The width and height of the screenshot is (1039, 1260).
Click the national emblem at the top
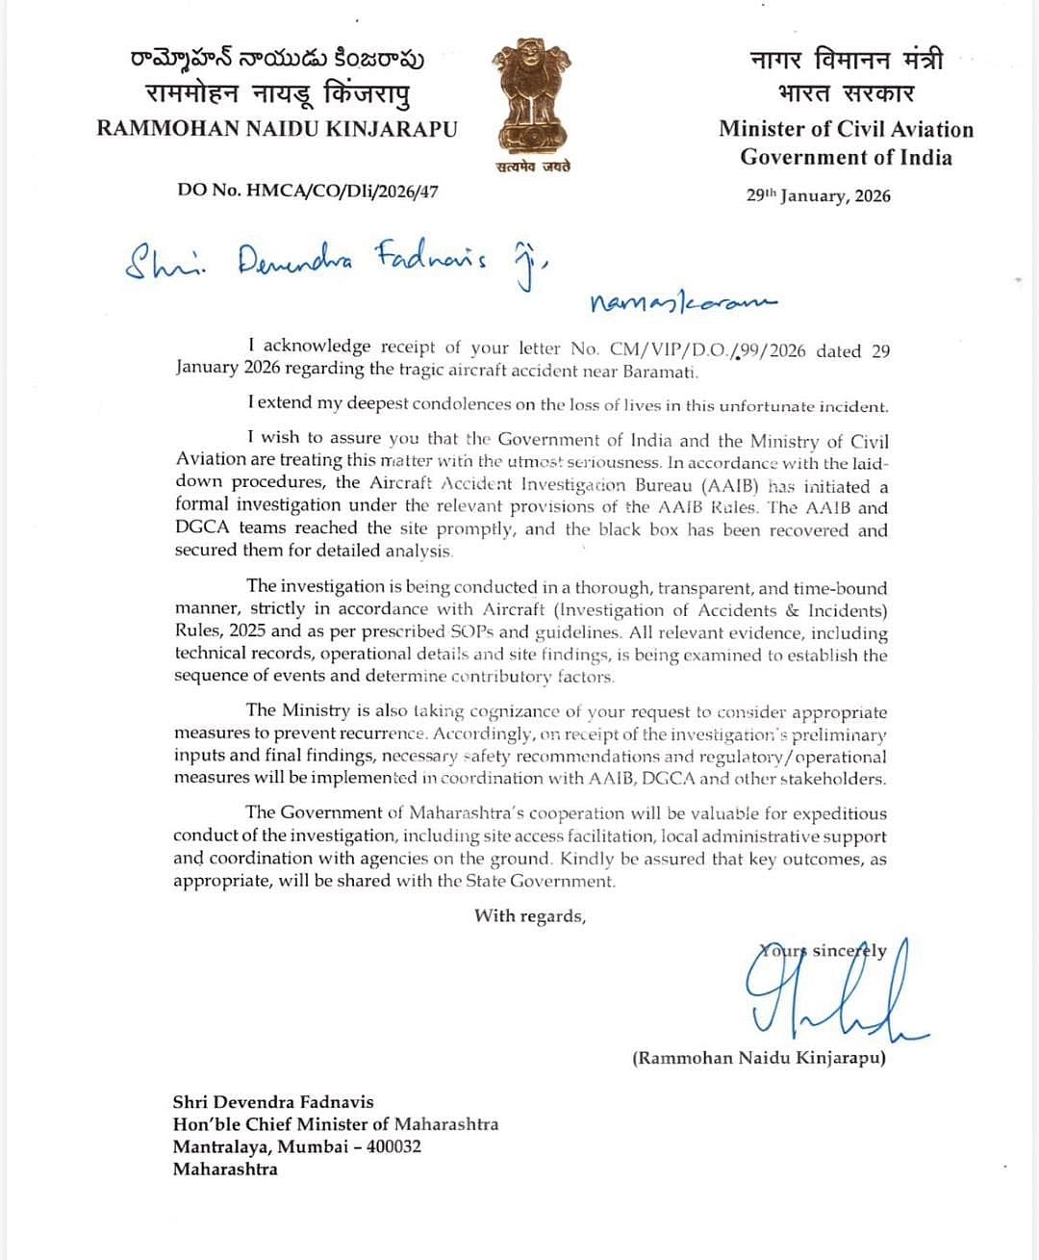[x=531, y=96]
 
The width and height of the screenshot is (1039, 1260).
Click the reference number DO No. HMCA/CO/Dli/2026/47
[x=308, y=191]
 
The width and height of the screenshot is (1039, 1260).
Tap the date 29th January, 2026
[x=819, y=195]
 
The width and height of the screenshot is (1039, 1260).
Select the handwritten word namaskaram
[x=683, y=303]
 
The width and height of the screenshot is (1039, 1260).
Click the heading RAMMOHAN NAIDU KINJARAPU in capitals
[x=277, y=128]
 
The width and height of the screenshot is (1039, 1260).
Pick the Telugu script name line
[x=277, y=59]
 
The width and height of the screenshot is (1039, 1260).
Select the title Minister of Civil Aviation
[x=846, y=129]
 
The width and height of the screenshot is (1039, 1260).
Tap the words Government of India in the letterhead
[x=846, y=157]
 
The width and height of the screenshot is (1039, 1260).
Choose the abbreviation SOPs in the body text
[x=472, y=632]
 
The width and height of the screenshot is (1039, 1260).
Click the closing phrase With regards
[x=530, y=915]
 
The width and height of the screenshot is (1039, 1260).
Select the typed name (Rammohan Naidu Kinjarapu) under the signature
[x=759, y=1058]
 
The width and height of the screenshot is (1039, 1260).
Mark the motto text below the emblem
[x=533, y=167]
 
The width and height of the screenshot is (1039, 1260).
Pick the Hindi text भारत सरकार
[x=846, y=93]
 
